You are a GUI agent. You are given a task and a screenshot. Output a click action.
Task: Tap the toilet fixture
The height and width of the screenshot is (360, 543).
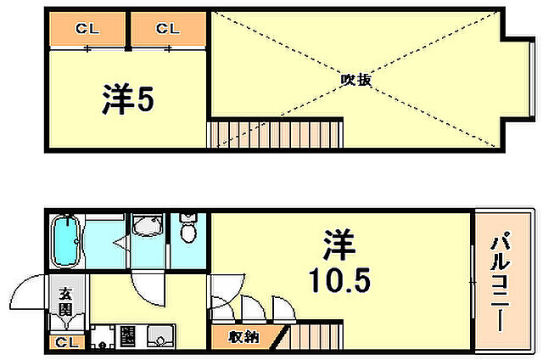(189, 232)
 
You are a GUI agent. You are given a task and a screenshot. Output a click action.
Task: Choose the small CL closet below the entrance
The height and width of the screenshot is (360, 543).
(67, 342)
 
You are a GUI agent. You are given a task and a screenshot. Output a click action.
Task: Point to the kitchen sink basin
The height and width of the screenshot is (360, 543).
(156, 337)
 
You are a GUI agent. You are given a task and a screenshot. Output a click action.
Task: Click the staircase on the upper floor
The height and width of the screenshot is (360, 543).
(276, 134)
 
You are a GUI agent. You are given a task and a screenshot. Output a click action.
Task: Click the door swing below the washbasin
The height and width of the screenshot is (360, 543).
(146, 289)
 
